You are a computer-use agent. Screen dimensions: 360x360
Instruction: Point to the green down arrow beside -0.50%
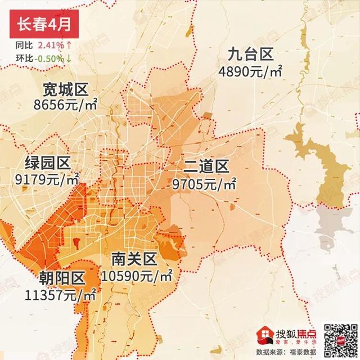click(x=69, y=58)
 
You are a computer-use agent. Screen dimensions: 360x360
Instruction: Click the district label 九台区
click(x=250, y=55)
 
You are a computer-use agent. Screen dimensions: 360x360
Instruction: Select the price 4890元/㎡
click(x=250, y=71)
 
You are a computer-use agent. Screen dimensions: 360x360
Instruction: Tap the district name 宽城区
click(x=65, y=89)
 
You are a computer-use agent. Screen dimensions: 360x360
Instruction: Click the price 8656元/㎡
click(x=65, y=105)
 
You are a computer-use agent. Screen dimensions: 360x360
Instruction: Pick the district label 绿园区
click(x=47, y=164)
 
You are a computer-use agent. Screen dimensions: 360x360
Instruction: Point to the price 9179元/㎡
click(x=47, y=181)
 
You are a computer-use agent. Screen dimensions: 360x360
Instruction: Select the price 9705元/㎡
click(x=205, y=183)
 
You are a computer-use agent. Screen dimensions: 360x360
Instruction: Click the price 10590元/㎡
click(x=137, y=276)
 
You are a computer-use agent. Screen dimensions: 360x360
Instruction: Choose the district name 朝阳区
click(x=62, y=278)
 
